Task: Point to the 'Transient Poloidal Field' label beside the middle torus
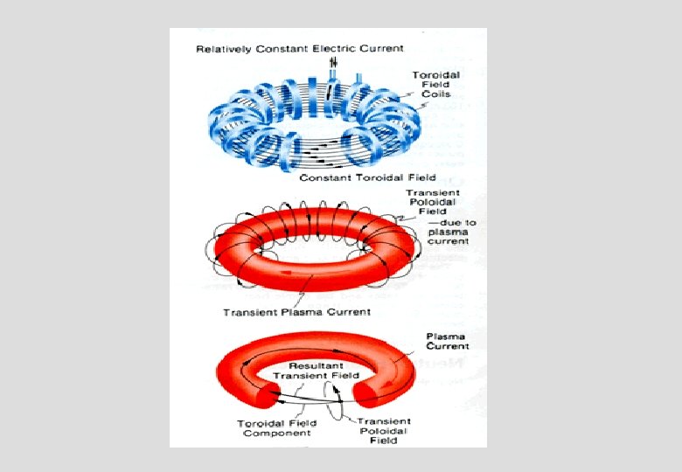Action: [x=434, y=202]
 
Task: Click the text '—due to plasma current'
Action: [x=449, y=232]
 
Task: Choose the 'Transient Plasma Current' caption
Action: [x=296, y=312]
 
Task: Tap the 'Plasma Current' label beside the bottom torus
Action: [x=445, y=341]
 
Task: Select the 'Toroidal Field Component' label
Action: [x=277, y=428]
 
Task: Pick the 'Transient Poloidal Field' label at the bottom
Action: [x=384, y=431]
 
